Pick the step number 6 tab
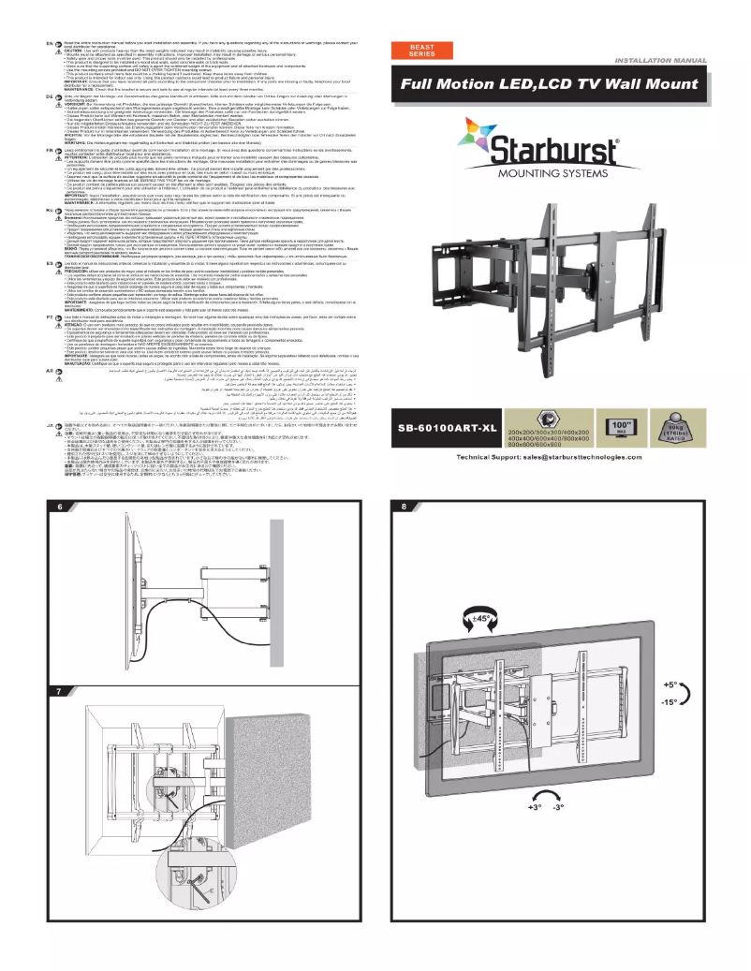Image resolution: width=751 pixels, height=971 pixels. point(60,507)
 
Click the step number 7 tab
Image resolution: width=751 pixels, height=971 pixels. point(60,691)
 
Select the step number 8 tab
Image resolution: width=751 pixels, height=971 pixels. point(404,507)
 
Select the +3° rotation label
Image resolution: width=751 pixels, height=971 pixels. point(535,807)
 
